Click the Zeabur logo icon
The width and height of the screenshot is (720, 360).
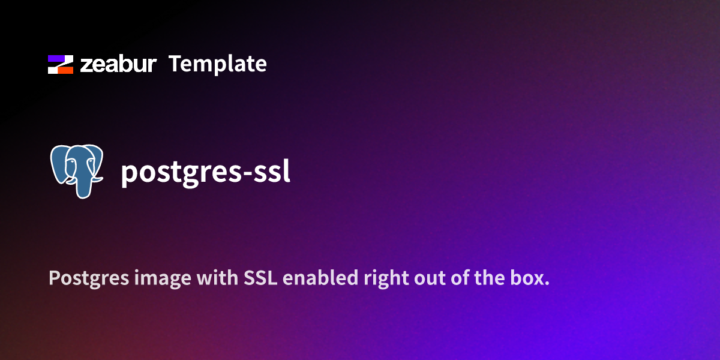tap(61, 64)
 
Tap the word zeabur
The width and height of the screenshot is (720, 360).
tap(118, 64)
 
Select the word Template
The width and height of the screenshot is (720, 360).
tap(217, 64)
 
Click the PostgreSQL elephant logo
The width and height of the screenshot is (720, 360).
tap(77, 170)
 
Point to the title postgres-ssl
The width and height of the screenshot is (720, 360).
tap(206, 173)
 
